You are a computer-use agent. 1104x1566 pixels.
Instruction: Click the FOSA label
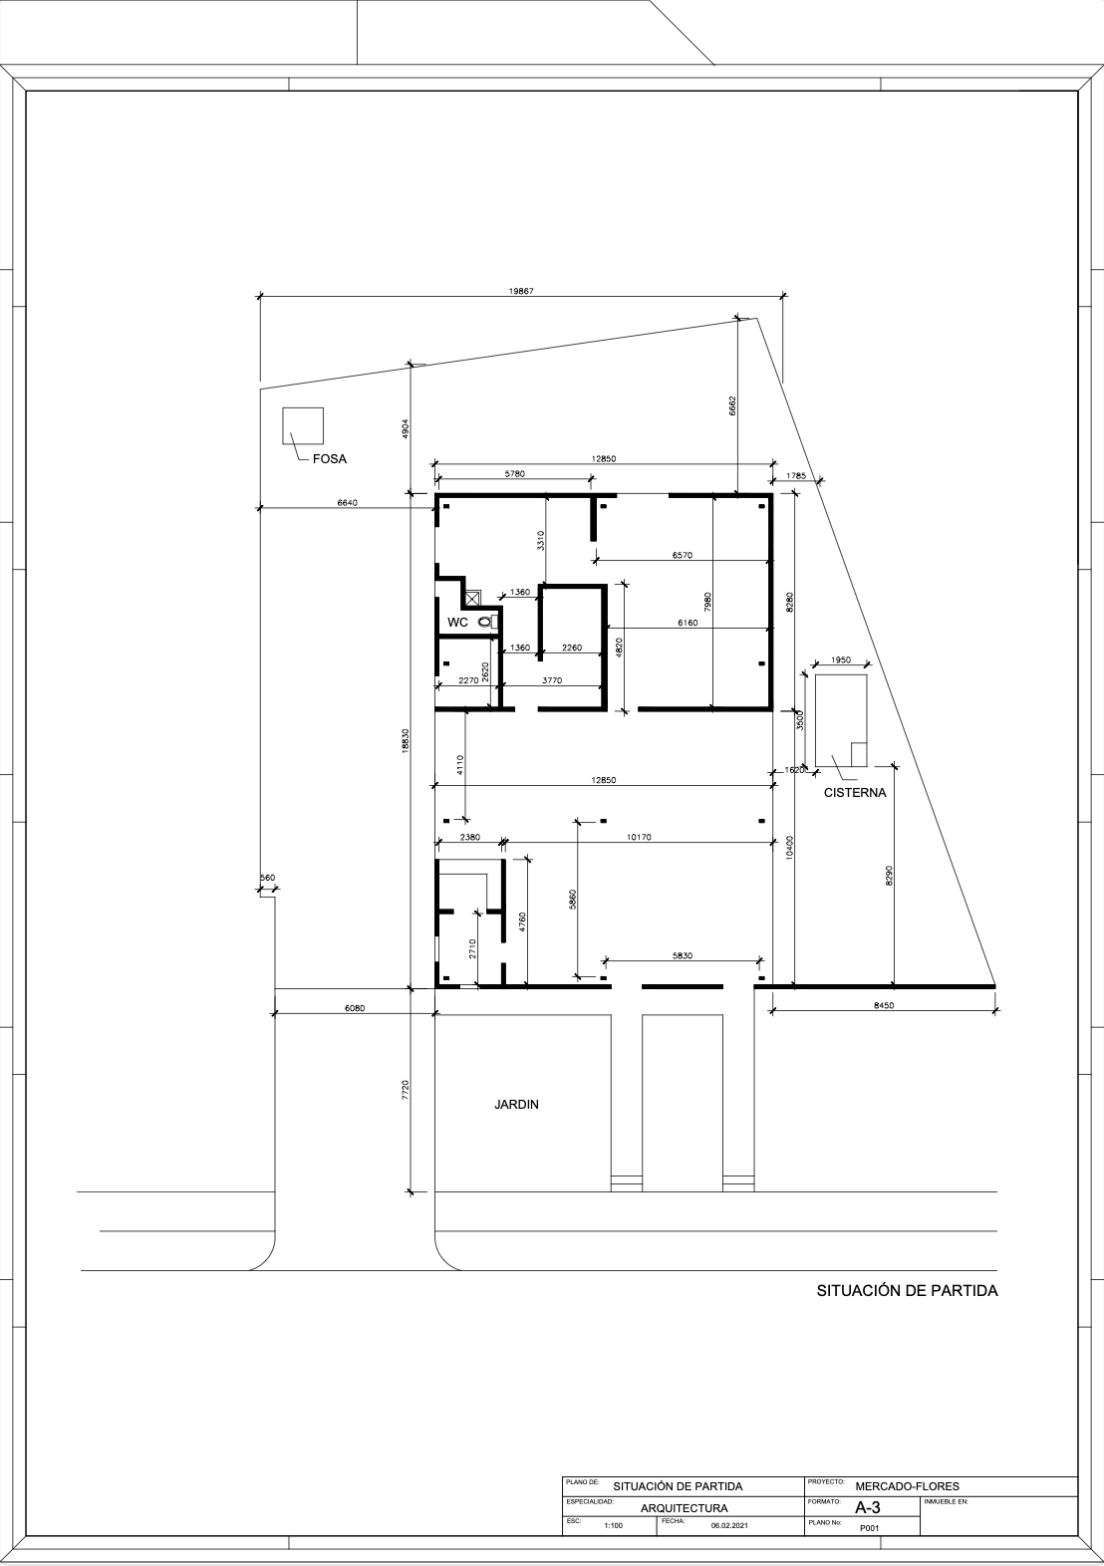pyautogui.click(x=330, y=459)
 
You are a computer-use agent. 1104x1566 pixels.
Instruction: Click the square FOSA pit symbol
pyautogui.click(x=303, y=425)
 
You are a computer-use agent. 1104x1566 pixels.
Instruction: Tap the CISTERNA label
pyautogui.click(x=854, y=793)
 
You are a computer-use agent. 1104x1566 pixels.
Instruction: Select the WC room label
pyautogui.click(x=458, y=623)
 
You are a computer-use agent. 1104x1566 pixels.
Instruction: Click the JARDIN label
pyautogui.click(x=517, y=1105)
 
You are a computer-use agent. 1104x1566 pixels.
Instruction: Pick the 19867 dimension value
pyautogui.click(x=521, y=291)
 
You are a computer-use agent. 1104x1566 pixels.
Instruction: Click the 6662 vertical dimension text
pyautogui.click(x=732, y=406)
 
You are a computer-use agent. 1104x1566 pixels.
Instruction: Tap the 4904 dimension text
pyautogui.click(x=405, y=429)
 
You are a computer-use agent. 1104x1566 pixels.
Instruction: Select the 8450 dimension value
pyautogui.click(x=884, y=1005)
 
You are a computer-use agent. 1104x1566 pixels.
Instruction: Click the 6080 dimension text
pyautogui.click(x=355, y=1008)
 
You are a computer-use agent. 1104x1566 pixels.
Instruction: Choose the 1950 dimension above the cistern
pyautogui.click(x=841, y=659)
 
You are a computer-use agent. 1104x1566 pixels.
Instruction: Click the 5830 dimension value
pyautogui.click(x=683, y=955)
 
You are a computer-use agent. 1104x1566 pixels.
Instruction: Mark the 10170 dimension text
pyautogui.click(x=639, y=837)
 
